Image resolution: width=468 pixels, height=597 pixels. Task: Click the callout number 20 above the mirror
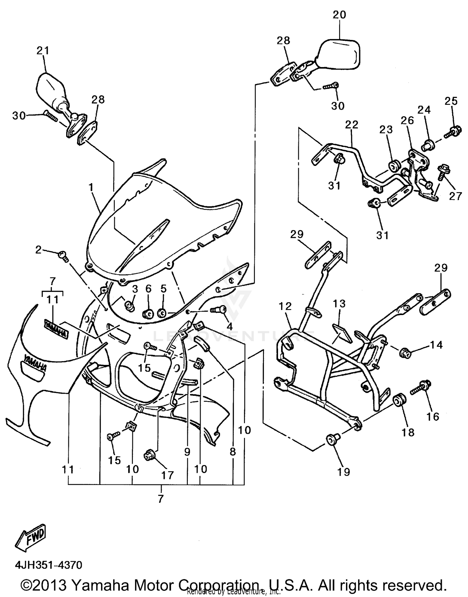[339, 15]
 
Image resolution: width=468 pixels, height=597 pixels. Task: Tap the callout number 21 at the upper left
[43, 50]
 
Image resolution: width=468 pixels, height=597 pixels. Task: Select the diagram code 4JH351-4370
[48, 565]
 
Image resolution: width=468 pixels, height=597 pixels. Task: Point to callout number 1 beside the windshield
[91, 187]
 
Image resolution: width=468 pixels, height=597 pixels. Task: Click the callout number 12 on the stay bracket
[285, 306]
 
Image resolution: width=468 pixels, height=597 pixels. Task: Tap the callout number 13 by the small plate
[339, 303]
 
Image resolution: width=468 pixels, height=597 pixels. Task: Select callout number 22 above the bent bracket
[352, 124]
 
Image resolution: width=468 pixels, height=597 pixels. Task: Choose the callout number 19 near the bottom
[344, 472]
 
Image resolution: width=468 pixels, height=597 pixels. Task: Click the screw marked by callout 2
[62, 255]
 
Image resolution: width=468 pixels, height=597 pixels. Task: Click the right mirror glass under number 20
[340, 54]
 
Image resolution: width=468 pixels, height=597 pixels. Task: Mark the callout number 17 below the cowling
[167, 475]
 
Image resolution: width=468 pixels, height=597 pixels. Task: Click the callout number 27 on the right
[455, 196]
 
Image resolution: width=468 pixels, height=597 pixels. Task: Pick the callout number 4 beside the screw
[229, 327]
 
